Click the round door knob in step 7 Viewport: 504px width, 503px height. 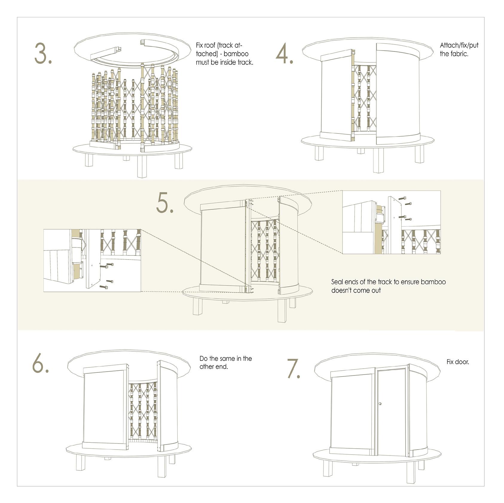[x=380, y=404]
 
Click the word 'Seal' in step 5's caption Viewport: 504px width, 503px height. [x=338, y=282]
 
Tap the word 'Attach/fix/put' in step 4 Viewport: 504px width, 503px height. [x=459, y=45]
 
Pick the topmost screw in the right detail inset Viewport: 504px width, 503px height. [x=402, y=198]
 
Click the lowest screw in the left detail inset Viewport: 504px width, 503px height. [x=103, y=287]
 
